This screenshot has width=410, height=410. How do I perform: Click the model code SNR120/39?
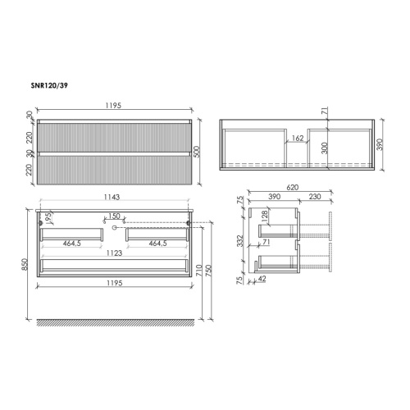pyautogui.click(x=49, y=86)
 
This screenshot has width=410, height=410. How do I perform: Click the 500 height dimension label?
pyautogui.click(x=197, y=152)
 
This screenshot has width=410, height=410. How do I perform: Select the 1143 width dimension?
pyautogui.click(x=112, y=197)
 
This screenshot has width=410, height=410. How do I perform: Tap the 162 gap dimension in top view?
pyautogui.click(x=298, y=138)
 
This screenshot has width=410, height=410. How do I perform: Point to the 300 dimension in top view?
pyautogui.click(x=325, y=148)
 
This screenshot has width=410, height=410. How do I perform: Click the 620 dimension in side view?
pyautogui.click(x=293, y=188)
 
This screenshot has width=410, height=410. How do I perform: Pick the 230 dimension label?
pyautogui.click(x=315, y=197)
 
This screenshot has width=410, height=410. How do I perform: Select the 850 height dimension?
pyautogui.click(x=25, y=264)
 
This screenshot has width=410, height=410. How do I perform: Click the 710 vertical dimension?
pyautogui.click(x=199, y=270)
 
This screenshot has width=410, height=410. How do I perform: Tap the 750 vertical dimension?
pyautogui.click(x=209, y=270)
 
